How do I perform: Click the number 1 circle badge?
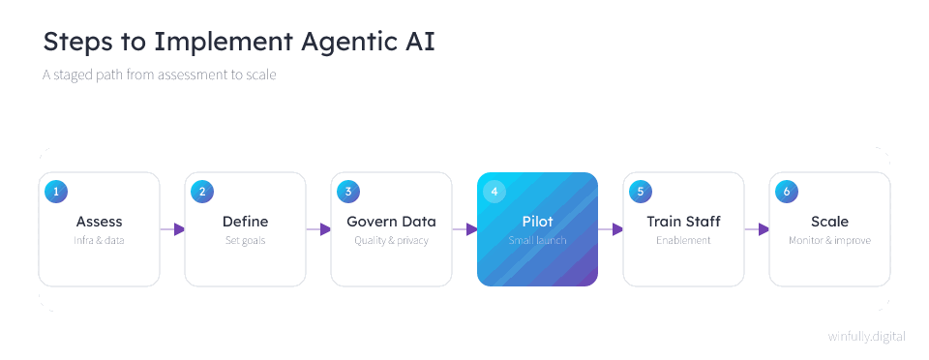[x=56, y=192]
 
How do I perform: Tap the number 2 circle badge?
[x=202, y=192]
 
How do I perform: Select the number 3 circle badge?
[x=348, y=192]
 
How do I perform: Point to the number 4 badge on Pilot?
[x=494, y=192]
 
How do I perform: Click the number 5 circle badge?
[x=641, y=192]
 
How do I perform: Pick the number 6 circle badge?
[x=787, y=192]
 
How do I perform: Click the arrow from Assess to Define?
[x=172, y=229]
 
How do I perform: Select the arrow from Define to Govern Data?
[x=318, y=229]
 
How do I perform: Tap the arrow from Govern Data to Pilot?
[x=464, y=229]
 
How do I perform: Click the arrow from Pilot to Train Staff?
[x=611, y=229]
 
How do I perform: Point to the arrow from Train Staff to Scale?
[x=757, y=229]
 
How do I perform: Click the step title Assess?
[x=99, y=222]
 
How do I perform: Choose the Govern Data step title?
[x=392, y=222]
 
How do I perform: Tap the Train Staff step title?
[x=684, y=222]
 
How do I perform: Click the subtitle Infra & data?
[x=99, y=240]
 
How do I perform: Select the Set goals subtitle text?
[x=245, y=240]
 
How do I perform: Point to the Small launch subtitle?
[x=537, y=240]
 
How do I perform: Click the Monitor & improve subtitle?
[x=830, y=240]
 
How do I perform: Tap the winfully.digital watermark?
[x=867, y=337]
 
